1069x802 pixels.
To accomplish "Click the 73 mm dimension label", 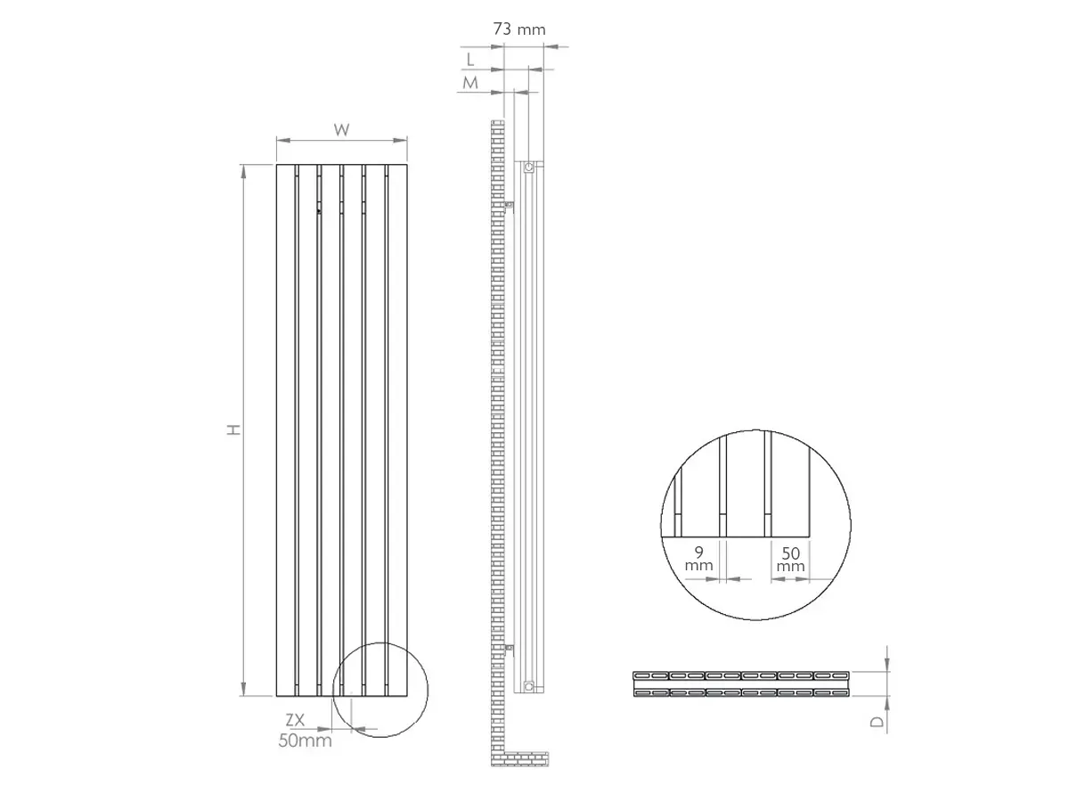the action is tap(519, 29).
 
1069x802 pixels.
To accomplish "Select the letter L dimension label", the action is tap(470, 60).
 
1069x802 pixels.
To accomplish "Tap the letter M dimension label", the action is tap(470, 83).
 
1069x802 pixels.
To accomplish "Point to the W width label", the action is tap(341, 129).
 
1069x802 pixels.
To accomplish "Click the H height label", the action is tap(234, 430).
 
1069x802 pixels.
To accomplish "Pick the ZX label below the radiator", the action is tap(295, 720).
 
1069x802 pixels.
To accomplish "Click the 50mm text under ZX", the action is tap(305, 741).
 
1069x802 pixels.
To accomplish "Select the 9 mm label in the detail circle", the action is tap(699, 559).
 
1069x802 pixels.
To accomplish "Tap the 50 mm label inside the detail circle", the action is tap(790, 560).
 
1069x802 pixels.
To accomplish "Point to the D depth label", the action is tap(877, 721).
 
